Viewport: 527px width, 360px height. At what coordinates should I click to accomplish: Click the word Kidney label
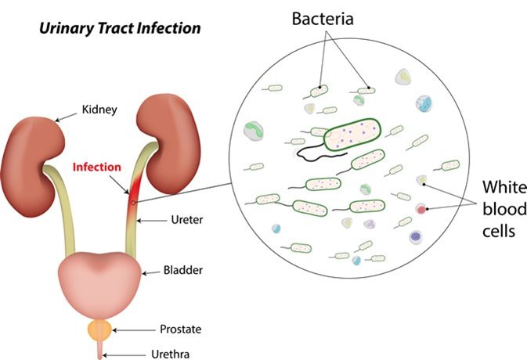(x=99, y=110)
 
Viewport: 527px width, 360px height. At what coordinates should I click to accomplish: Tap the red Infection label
(x=97, y=167)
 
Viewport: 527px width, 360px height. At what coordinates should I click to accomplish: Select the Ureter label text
(x=187, y=220)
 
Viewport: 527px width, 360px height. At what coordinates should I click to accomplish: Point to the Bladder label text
(x=182, y=270)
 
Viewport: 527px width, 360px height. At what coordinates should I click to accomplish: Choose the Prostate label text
(x=180, y=329)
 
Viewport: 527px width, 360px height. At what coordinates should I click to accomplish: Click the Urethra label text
(x=171, y=354)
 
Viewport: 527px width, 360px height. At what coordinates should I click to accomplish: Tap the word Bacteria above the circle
(x=323, y=19)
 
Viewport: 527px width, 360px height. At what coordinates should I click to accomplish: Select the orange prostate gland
(x=99, y=329)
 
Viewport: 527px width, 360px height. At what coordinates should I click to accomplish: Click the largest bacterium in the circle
(x=352, y=135)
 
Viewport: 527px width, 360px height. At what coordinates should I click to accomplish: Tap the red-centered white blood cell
(x=421, y=209)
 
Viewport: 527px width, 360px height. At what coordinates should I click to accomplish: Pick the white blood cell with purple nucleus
(x=416, y=237)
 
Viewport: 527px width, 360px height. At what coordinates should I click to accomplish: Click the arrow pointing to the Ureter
(x=152, y=221)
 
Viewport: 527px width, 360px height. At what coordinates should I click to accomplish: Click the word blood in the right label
(x=504, y=209)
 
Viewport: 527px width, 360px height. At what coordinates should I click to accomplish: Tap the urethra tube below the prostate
(x=99, y=349)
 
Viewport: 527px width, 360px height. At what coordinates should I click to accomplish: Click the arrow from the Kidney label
(x=66, y=117)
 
